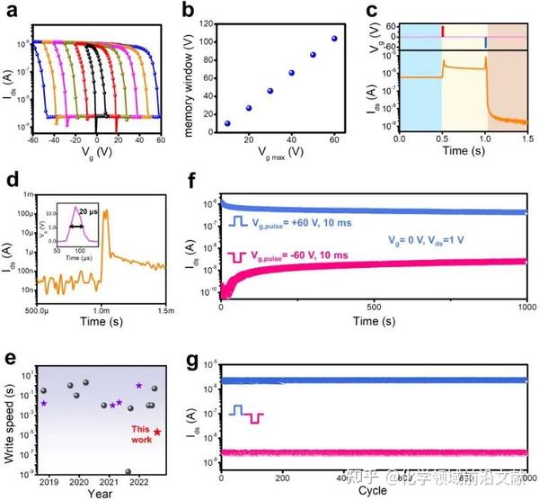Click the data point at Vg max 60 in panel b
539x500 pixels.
point(334,39)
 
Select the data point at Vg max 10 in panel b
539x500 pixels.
point(227,123)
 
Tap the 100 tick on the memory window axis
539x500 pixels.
point(208,42)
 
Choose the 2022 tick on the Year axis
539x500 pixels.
point(138,482)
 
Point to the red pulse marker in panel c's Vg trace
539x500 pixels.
point(442,31)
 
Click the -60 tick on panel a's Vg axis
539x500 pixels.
point(34,140)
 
